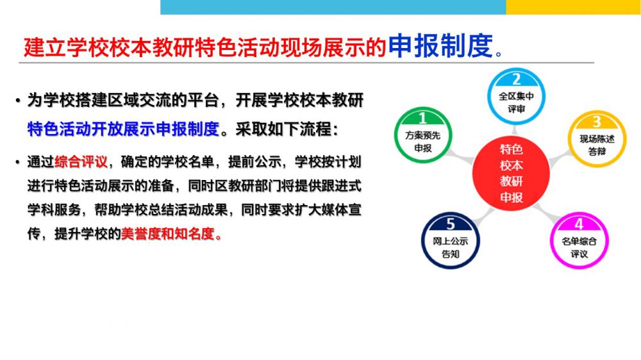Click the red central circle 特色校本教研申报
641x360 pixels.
click(x=511, y=173)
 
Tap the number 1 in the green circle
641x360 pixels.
click(x=422, y=118)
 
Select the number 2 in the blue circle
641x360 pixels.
click(x=517, y=79)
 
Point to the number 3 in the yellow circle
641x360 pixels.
click(x=597, y=122)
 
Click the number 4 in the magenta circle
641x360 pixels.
click(x=579, y=224)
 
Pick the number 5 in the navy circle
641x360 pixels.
click(x=451, y=224)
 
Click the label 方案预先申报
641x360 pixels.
click(x=422, y=142)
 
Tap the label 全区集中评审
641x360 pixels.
click(x=516, y=102)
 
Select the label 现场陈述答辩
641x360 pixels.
click(x=597, y=145)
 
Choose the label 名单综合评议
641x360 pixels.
click(x=579, y=247)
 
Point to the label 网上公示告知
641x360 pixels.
click(x=451, y=247)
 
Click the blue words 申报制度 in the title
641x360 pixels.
click(x=440, y=45)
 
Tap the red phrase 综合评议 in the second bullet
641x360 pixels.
click(x=81, y=162)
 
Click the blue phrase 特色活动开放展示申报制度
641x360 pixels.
click(x=123, y=129)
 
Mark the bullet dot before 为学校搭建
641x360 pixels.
click(x=17, y=101)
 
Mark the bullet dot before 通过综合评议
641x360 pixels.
click(x=17, y=162)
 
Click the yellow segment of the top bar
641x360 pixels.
click(x=573, y=7)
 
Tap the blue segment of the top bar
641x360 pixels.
click(x=333, y=7)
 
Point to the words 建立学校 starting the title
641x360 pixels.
click(x=66, y=47)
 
